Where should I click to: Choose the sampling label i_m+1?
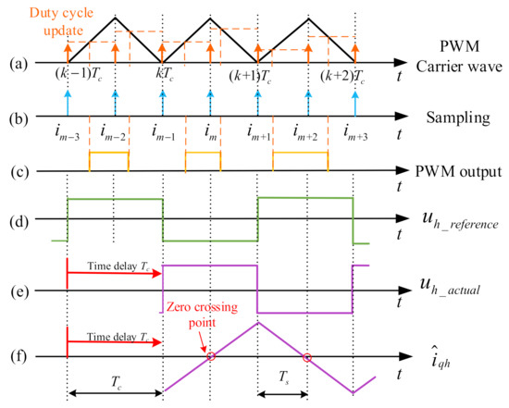(260, 139)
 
